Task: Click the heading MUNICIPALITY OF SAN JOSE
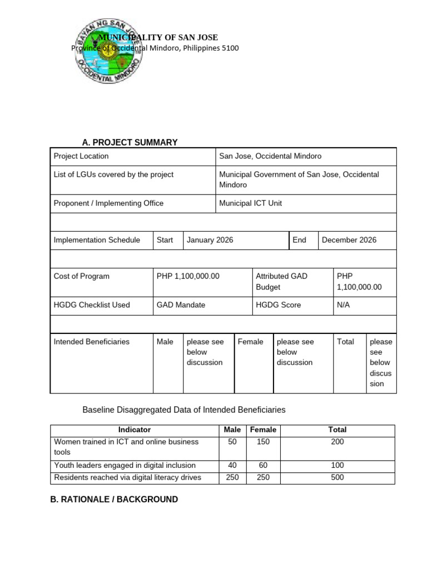(x=158, y=37)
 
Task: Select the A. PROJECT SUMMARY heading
(x=130, y=142)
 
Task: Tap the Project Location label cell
(x=81, y=156)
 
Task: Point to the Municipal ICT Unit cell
(x=250, y=203)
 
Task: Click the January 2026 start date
(x=210, y=240)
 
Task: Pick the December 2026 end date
(x=349, y=240)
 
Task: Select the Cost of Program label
(x=82, y=276)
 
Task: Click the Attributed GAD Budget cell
(x=281, y=282)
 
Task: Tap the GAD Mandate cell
(x=181, y=305)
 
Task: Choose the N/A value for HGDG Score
(x=343, y=305)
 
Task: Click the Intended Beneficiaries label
(x=91, y=342)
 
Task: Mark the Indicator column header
(x=134, y=430)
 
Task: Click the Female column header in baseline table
(x=263, y=430)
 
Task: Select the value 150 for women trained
(x=263, y=442)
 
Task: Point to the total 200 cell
(x=337, y=442)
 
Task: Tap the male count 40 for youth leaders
(x=232, y=465)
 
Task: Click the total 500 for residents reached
(x=337, y=477)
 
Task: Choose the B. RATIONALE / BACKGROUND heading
(x=114, y=500)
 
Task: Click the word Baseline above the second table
(x=98, y=410)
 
